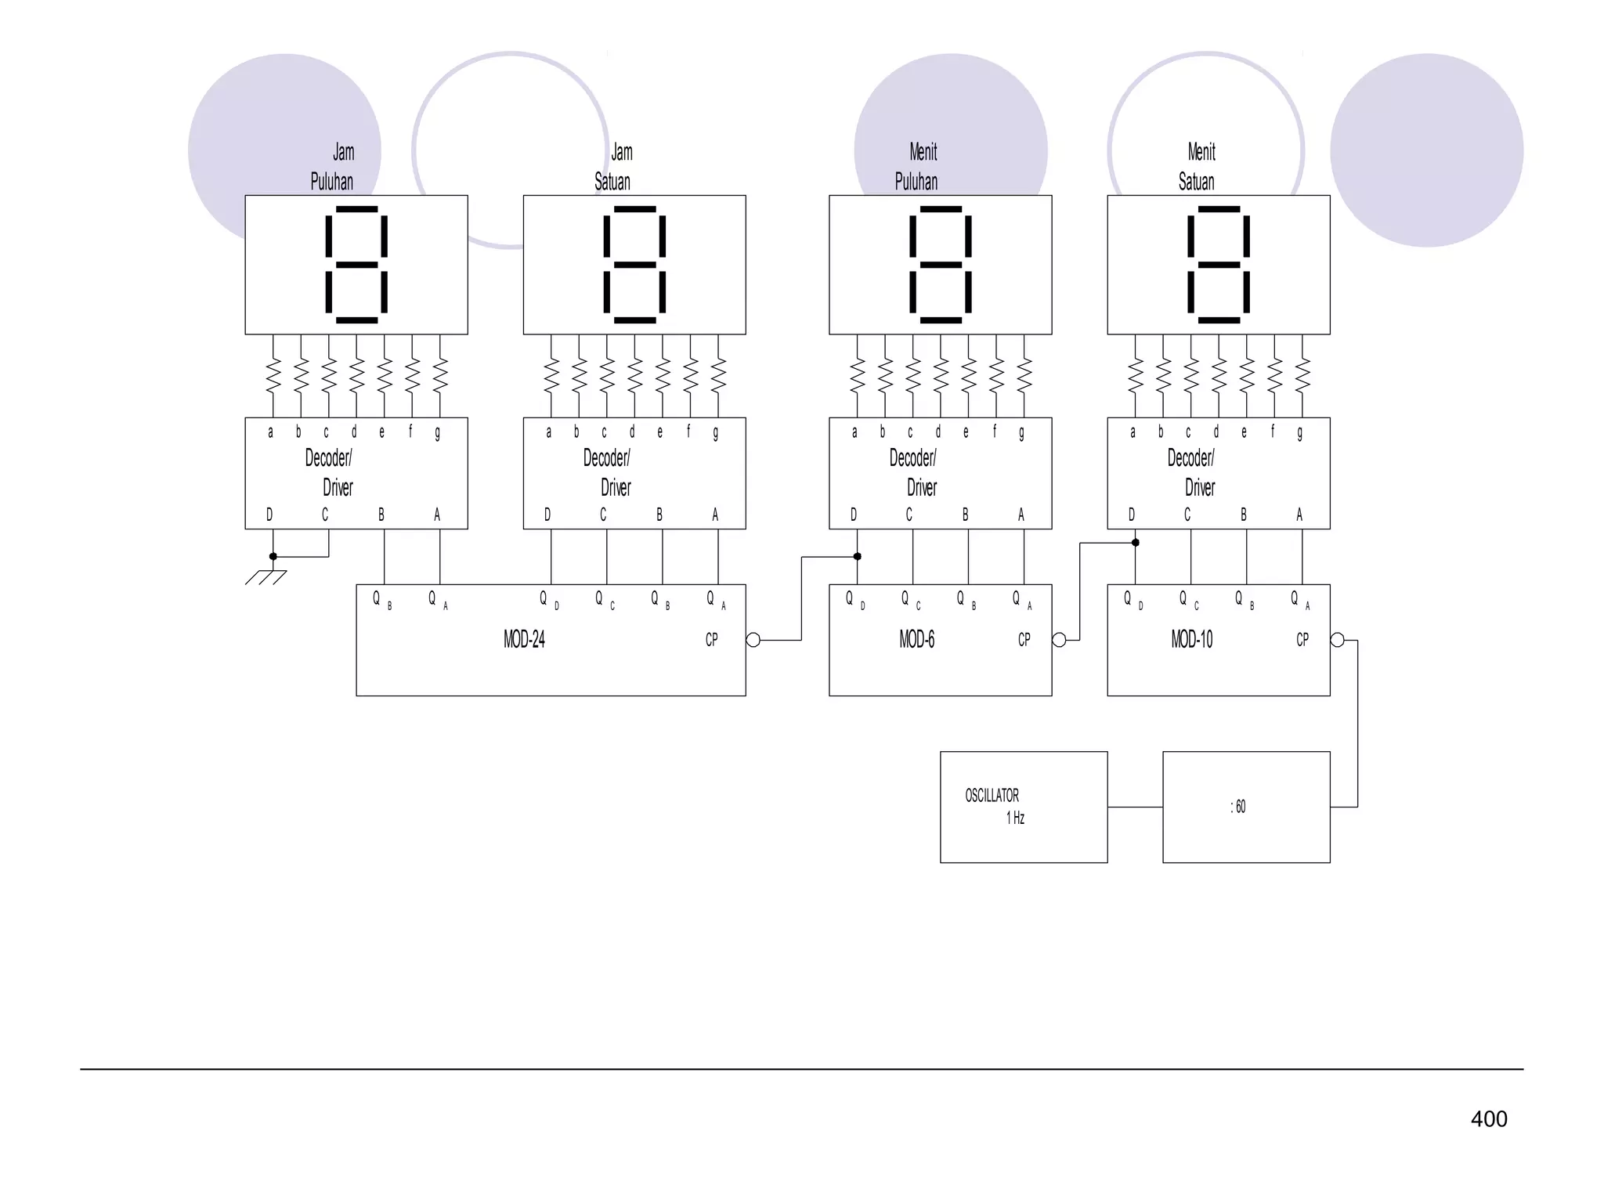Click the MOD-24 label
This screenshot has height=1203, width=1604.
point(524,640)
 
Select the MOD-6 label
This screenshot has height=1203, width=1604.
point(916,640)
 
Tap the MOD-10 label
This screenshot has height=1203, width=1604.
point(1191,640)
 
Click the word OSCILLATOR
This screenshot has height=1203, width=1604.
point(992,796)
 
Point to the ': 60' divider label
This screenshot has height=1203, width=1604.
point(1237,807)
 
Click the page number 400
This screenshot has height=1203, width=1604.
point(1488,1118)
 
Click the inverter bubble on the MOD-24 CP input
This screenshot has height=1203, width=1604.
point(753,640)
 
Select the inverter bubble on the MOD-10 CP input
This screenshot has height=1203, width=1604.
point(1338,640)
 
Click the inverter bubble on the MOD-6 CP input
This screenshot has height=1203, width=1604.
point(1059,640)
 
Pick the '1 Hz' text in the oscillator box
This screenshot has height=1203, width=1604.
point(1015,818)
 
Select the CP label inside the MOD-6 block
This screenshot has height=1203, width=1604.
point(1024,640)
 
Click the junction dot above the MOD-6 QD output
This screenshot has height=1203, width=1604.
point(857,557)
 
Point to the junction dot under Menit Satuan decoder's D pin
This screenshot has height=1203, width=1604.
point(1135,543)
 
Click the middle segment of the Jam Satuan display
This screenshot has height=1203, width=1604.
point(634,265)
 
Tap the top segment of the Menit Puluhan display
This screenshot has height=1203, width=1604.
point(941,209)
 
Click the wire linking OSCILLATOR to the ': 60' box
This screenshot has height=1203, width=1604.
point(1135,807)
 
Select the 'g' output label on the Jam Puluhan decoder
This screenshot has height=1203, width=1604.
point(437,432)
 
